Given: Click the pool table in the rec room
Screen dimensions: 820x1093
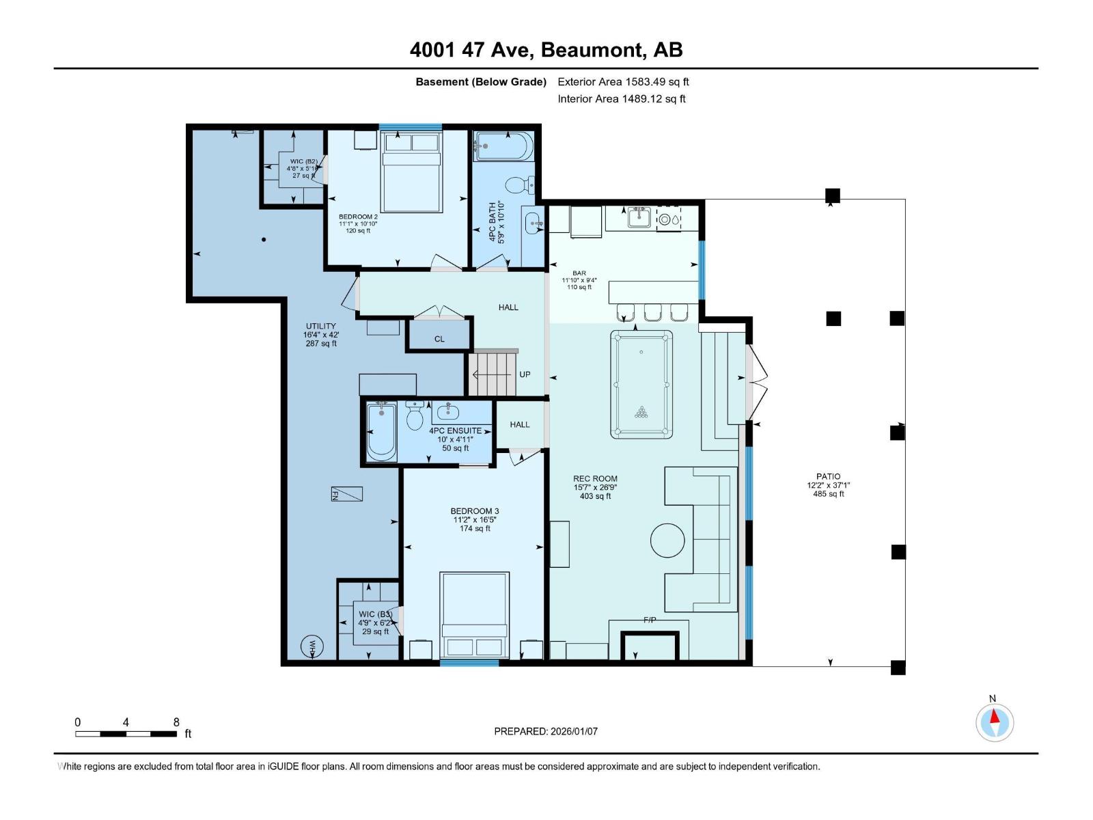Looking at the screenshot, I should (x=641, y=384).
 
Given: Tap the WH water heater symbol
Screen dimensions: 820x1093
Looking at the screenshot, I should (x=312, y=646).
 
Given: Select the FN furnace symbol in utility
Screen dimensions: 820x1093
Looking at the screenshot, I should (x=347, y=494).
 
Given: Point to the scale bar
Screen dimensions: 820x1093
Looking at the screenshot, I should (x=126, y=734).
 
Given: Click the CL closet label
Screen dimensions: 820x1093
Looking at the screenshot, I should (x=439, y=339).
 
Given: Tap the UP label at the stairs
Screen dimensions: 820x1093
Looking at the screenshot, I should (x=525, y=374).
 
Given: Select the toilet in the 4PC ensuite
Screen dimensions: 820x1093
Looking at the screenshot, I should (x=415, y=417).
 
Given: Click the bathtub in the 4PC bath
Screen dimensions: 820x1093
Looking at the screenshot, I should (x=503, y=146).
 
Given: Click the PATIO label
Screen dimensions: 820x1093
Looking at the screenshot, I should (x=828, y=476).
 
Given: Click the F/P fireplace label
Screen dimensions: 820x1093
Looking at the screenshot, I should (x=650, y=620).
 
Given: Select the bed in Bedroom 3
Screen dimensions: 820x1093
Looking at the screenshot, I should (x=475, y=615).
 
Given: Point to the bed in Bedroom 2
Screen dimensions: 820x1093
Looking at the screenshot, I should (x=411, y=171).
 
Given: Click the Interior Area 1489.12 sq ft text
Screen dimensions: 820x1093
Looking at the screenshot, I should (x=621, y=99).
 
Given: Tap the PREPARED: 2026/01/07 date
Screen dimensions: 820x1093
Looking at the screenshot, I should (x=546, y=731).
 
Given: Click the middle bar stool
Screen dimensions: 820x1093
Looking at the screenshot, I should (x=653, y=312).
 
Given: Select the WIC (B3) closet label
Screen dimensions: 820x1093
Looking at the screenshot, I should (x=375, y=614).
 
